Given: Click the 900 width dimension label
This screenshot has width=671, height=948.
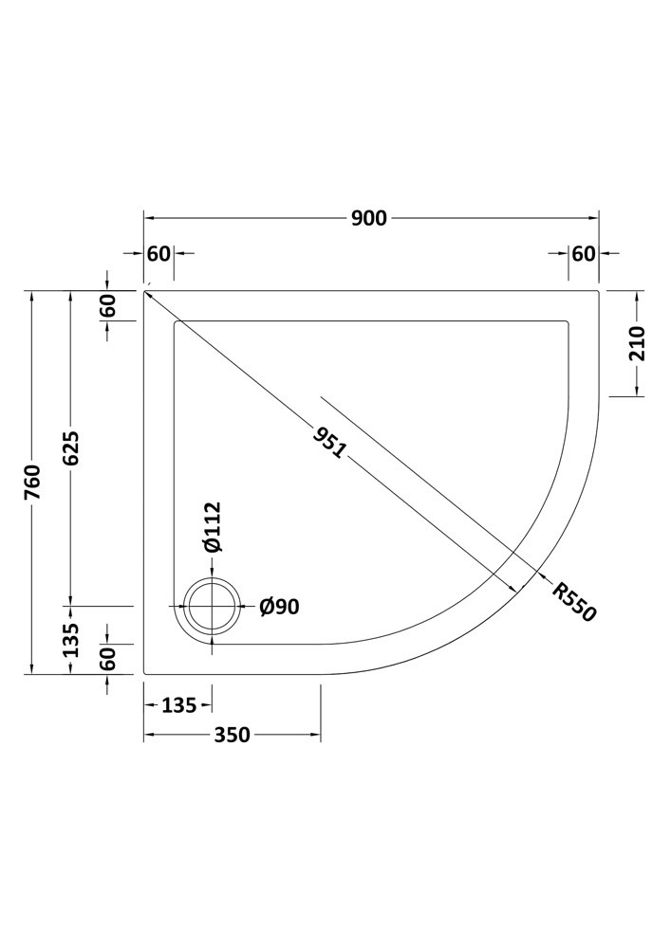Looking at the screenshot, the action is (x=368, y=218).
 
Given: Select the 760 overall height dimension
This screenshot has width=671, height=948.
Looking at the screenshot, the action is (x=32, y=482).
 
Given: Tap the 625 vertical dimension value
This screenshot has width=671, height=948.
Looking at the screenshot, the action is (x=71, y=448).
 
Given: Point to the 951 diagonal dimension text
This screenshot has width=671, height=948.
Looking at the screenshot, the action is (x=330, y=442).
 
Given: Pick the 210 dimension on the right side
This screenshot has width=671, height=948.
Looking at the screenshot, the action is (x=638, y=343).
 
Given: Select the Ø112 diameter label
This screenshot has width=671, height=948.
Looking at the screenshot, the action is (x=213, y=526).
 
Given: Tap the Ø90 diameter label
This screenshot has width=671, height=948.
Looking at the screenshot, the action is (x=280, y=607).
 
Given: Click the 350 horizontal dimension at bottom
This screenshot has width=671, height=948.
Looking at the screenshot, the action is (x=232, y=735).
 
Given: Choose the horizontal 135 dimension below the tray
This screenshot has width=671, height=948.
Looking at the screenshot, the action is (x=179, y=705).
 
